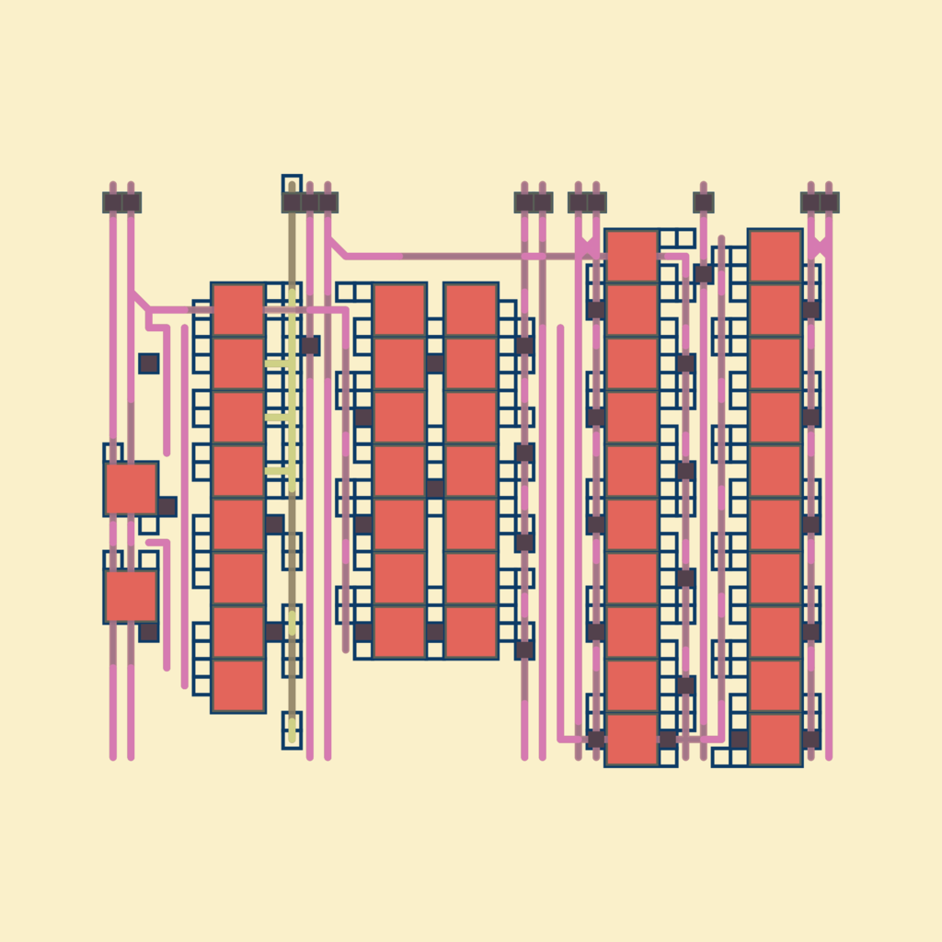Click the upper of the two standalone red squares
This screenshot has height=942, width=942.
pos(131,488)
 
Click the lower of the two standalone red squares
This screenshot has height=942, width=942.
pos(131,595)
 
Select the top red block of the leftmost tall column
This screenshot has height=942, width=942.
pos(238,310)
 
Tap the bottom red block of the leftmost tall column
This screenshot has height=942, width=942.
pos(238,685)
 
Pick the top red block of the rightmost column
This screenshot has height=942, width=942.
pos(775,256)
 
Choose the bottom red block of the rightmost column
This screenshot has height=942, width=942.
pos(775,739)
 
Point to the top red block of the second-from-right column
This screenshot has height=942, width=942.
pos(632,256)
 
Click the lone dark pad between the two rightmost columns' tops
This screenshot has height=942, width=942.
pos(704,202)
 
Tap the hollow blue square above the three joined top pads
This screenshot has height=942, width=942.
pos(292,184)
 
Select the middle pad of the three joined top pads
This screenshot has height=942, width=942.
pos(310,202)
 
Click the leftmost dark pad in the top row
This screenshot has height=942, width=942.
pos(112,202)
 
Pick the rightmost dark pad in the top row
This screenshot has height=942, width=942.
pos(829,202)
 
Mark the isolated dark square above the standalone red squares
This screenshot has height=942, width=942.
pos(149,363)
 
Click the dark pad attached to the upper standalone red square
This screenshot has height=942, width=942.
pos(167,506)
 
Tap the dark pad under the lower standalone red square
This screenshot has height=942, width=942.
pos(149,632)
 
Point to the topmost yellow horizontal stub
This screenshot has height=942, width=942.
pos(279,363)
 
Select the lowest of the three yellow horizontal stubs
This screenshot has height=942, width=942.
pos(279,471)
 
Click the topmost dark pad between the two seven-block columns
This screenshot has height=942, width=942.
pos(435,363)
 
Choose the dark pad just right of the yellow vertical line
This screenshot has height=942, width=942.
pos(310,345)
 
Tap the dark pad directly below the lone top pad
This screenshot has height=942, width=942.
pos(704,274)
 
